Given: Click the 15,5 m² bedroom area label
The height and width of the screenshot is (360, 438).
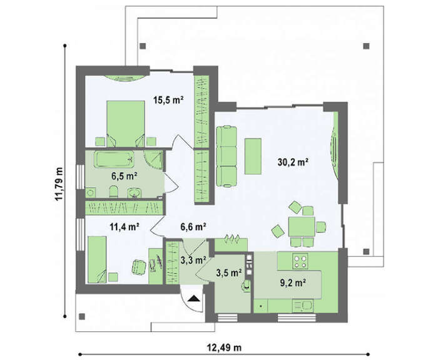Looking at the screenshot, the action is [168, 100].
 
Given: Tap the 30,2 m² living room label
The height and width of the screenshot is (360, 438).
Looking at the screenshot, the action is [293, 162].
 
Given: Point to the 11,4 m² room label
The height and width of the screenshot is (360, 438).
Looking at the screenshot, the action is [125, 227].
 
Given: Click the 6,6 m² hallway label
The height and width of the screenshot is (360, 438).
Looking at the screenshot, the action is [193, 227].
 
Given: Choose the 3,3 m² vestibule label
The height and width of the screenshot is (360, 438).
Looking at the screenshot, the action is [193, 260].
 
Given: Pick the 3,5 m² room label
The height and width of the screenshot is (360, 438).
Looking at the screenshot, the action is [229, 272].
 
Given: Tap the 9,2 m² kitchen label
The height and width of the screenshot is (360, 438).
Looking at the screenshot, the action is [292, 283].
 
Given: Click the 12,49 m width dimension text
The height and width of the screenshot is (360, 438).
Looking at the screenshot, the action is [224, 348].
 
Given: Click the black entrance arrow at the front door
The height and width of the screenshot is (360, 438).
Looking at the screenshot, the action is [194, 299].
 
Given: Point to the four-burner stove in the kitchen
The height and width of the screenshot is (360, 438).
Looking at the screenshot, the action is [300, 261].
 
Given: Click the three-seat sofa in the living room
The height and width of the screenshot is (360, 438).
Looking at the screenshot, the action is [227, 157].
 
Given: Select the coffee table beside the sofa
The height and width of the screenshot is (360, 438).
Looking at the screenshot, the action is [253, 157].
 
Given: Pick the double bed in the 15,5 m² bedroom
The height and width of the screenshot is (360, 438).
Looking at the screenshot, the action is [126, 123].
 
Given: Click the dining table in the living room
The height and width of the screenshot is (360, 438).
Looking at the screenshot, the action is [302, 227].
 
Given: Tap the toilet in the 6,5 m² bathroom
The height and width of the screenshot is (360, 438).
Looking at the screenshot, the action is [114, 192].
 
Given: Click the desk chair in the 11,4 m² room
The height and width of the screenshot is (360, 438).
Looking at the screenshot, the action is [139, 267].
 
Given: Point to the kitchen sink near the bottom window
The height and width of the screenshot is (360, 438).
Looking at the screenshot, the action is [303, 306].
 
